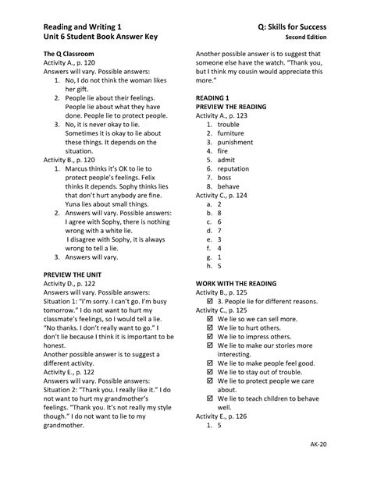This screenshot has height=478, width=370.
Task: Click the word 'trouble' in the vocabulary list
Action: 229,124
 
